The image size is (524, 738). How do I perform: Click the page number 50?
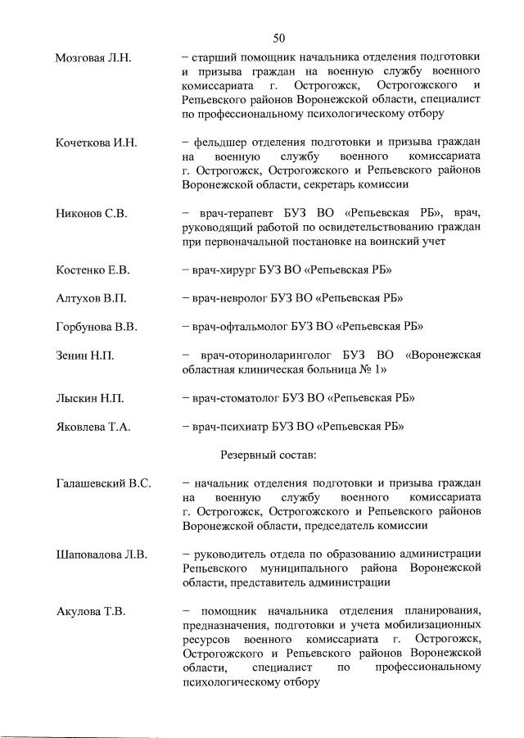click(x=278, y=38)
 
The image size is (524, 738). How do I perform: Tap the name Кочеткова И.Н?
click(x=96, y=143)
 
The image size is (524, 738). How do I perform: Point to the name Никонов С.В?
click(x=88, y=213)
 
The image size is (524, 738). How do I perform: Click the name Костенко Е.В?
click(x=93, y=269)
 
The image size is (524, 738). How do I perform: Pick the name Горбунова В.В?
click(x=96, y=327)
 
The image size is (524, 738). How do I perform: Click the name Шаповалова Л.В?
click(x=101, y=555)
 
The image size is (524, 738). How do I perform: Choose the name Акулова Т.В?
click(x=89, y=611)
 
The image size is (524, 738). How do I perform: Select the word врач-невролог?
click(x=227, y=298)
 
